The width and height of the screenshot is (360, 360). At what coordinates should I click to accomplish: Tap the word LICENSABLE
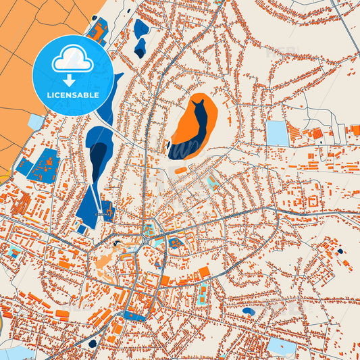pyautogui.click(x=73, y=95)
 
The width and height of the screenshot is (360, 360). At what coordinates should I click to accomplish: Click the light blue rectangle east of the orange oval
pyautogui.click(x=277, y=133)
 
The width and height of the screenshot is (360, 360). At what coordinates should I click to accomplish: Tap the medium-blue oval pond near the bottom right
pyautogui.click(x=249, y=311)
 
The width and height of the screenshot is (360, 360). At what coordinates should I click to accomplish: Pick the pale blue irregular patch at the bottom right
pyautogui.click(x=281, y=347)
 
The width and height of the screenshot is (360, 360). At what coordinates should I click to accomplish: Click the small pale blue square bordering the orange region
pyautogui.click(x=36, y=122)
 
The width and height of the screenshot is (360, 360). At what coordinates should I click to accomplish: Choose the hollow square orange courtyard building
pyautogui.click(x=313, y=201)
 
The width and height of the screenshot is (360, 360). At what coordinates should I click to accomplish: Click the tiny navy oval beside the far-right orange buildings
pyautogui.click(x=339, y=251)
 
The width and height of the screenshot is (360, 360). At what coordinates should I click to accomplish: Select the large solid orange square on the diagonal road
pyautogui.click(x=204, y=272)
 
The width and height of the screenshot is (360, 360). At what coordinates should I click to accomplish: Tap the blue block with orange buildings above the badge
pyautogui.click(x=97, y=31)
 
